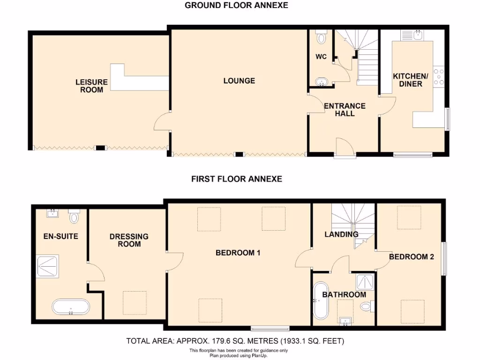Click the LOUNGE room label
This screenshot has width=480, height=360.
(239, 81)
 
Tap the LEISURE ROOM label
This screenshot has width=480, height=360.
(91, 86)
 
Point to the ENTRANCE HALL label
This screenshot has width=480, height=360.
(345, 110)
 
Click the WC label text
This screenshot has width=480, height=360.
(321, 57)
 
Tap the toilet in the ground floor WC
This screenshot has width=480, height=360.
(322, 37)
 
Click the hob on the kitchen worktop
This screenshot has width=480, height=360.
(440, 77)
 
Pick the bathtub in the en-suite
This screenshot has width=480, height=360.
(70, 307)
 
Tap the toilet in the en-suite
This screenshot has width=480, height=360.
(74, 216)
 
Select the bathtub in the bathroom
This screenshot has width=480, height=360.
(321, 300)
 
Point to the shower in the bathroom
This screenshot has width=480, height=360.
(364, 282)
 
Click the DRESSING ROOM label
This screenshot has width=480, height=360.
(129, 240)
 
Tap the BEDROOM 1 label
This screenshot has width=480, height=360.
(238, 253)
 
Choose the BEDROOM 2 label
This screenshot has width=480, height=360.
(408, 256)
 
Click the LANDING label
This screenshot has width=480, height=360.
(342, 234)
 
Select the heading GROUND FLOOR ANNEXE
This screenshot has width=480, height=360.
(236, 6)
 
